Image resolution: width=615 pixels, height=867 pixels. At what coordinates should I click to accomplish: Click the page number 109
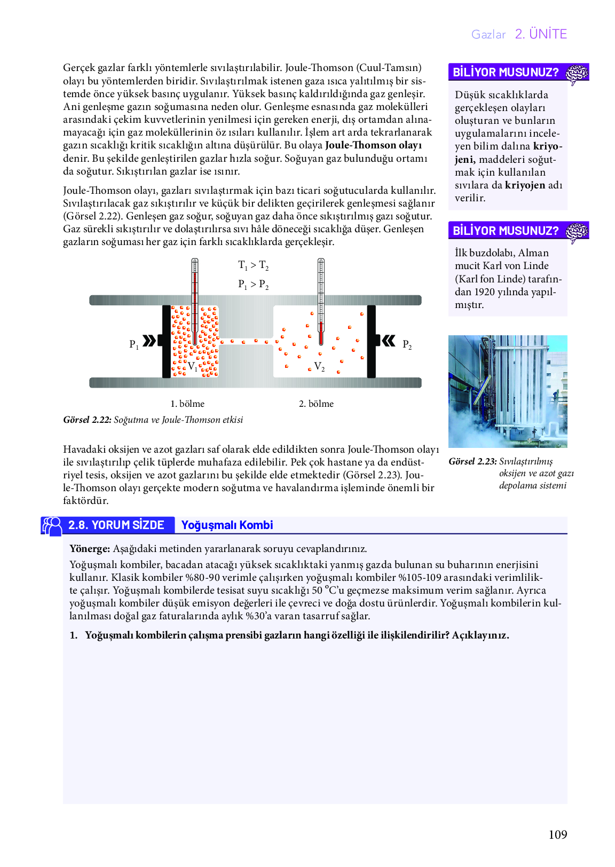coord(557,834)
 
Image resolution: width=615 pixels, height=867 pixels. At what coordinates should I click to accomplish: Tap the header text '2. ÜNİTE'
coord(541,34)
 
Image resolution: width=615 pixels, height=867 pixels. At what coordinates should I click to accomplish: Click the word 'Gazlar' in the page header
coord(488,35)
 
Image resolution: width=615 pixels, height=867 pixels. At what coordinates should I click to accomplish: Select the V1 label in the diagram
coord(193,367)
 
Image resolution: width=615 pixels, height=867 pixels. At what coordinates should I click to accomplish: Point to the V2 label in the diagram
coord(319,367)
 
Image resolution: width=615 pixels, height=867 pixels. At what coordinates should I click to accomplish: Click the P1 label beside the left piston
coord(134,344)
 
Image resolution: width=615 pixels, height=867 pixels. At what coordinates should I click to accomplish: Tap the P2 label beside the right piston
coord(407,345)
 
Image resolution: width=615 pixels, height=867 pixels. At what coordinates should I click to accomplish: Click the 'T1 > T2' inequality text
coord(253,265)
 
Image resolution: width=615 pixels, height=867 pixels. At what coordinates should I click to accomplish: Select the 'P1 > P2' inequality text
coord(253,285)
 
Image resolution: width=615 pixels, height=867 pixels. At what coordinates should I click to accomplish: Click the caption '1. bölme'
coord(187,404)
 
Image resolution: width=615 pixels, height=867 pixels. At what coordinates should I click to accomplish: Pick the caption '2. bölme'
coord(316,404)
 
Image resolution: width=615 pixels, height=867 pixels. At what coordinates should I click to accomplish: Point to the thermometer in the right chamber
coord(321,302)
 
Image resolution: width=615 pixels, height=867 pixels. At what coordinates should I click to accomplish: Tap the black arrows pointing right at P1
coord(149,341)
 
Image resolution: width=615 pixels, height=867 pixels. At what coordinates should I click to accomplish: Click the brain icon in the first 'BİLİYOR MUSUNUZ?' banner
coord(577,73)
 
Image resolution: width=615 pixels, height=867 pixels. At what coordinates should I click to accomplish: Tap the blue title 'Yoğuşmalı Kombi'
coord(227,525)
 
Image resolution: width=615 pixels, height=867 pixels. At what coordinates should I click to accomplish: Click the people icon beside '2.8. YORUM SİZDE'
coord(52,526)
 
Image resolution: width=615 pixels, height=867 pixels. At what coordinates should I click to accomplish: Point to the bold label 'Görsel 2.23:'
coord(472,461)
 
